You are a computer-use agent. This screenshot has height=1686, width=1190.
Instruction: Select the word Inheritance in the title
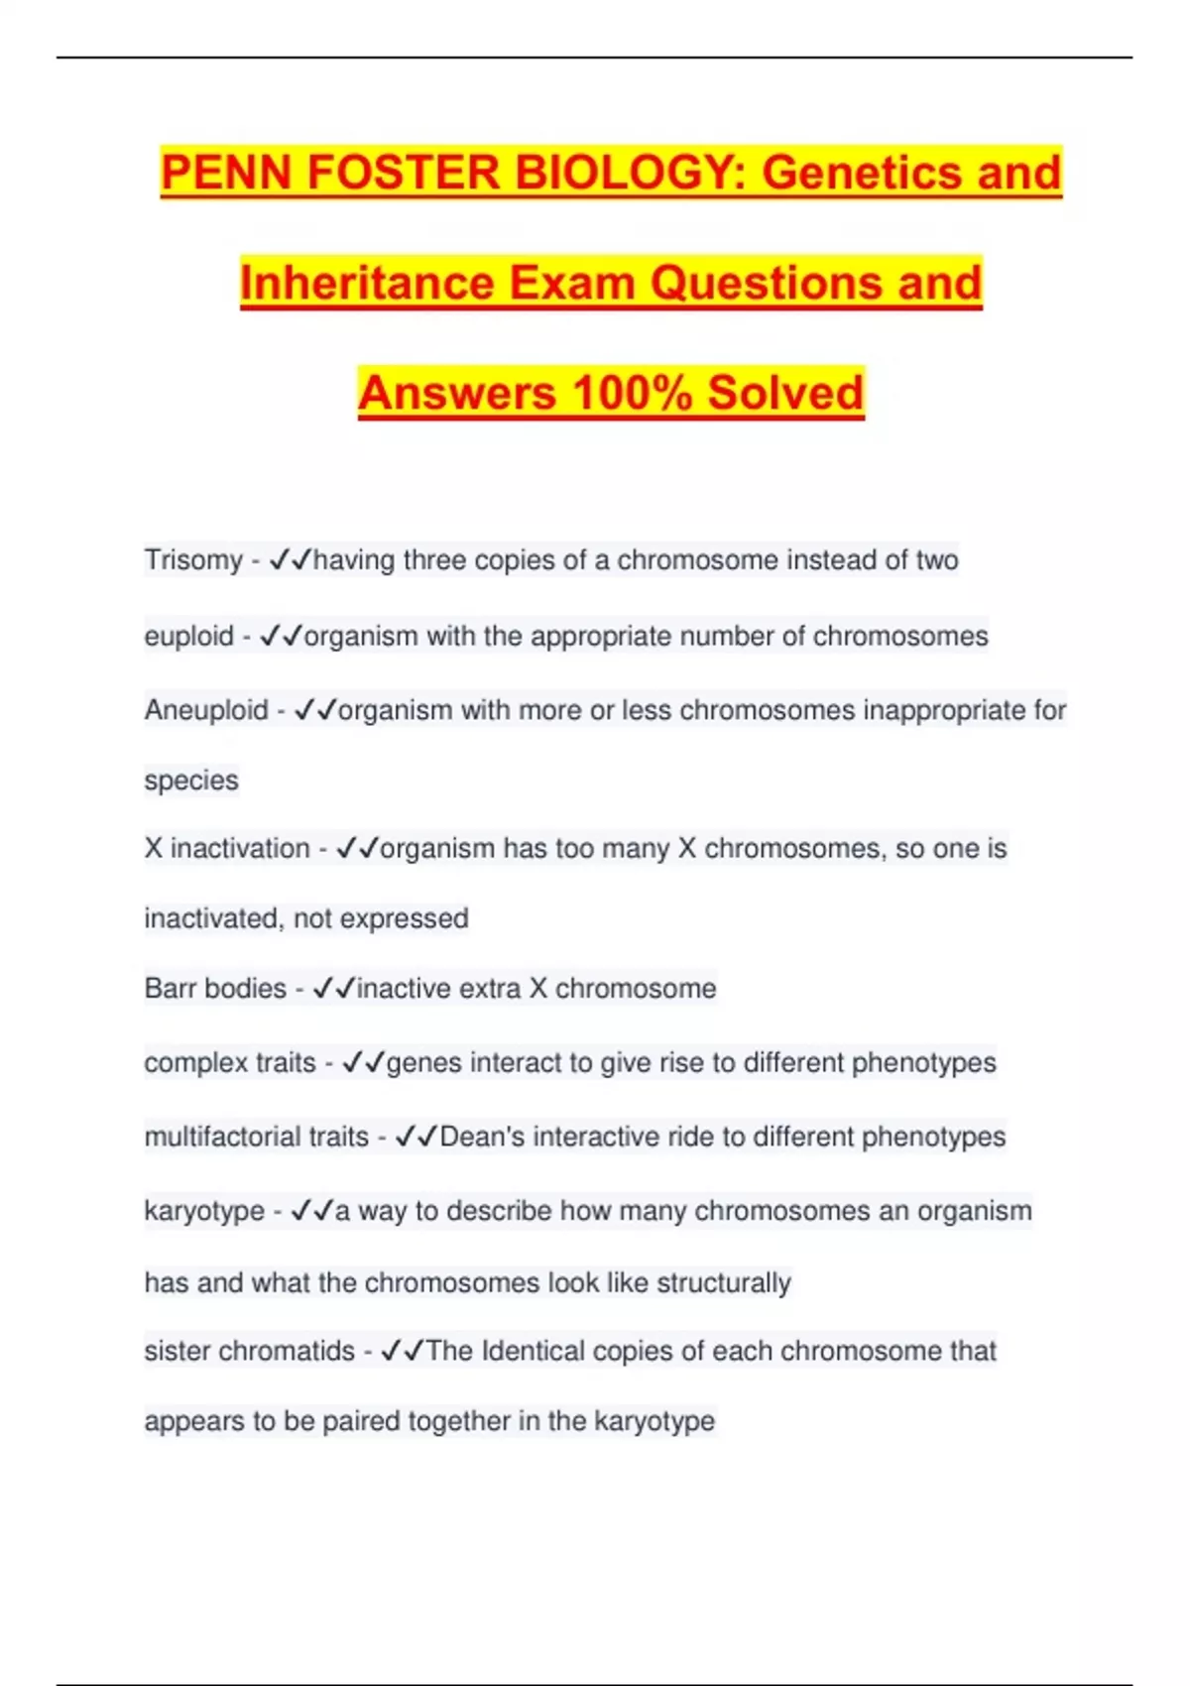[367, 283]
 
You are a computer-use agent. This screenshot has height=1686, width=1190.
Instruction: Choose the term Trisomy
[193, 560]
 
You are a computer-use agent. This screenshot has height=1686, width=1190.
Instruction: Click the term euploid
[188, 636]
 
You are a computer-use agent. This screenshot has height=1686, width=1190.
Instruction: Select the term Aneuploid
[206, 710]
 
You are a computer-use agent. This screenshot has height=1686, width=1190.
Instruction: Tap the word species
[191, 781]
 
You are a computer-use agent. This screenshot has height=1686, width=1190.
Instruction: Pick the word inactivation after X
[240, 849]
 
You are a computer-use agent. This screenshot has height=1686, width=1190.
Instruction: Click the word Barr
[171, 989]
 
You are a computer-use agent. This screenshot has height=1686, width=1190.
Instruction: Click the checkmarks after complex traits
[363, 1063]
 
